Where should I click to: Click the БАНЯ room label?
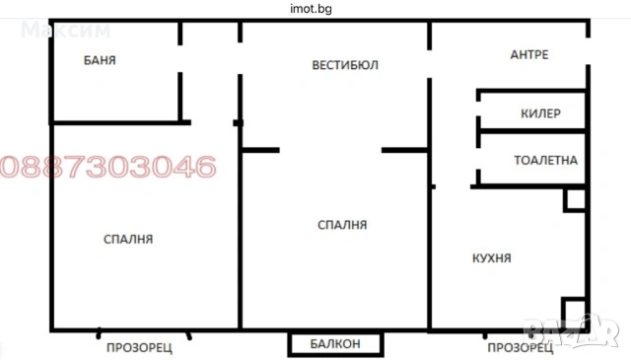click(x=101, y=60)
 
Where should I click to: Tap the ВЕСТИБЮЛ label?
click(x=345, y=65)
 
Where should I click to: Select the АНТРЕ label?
click(x=528, y=54)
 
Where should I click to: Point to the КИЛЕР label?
click(x=540, y=113)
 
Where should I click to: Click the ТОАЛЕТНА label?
click(x=545, y=159)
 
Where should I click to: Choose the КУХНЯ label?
click(x=491, y=257)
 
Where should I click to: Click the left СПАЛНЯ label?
click(x=128, y=239)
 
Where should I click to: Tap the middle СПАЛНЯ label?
click(x=342, y=225)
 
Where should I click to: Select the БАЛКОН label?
click(x=335, y=344)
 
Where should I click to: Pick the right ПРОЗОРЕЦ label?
click(x=520, y=347)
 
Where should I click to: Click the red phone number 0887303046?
click(x=108, y=166)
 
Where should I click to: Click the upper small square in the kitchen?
click(x=574, y=201)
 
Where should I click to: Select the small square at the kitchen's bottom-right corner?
click(x=574, y=312)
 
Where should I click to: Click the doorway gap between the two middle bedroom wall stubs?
click(x=330, y=150)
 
